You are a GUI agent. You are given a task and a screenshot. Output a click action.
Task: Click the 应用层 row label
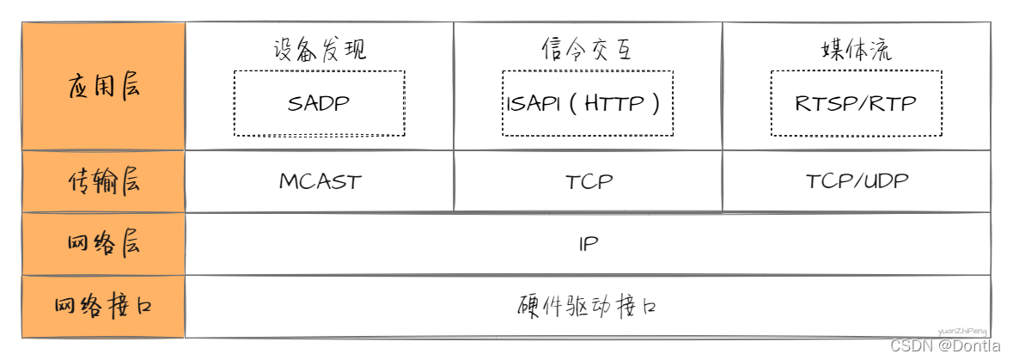(103, 87)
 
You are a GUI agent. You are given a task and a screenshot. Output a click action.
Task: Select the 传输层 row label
(103, 181)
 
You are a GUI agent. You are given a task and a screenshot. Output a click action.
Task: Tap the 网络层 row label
(103, 244)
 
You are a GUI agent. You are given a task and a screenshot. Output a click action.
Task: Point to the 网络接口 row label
(103, 306)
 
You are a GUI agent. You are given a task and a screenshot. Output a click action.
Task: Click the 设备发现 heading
(320, 49)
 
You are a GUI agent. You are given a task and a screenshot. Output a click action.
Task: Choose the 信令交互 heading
(588, 49)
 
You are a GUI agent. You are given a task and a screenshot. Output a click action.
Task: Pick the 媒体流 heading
(857, 49)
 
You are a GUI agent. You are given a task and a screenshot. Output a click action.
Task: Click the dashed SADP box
(320, 104)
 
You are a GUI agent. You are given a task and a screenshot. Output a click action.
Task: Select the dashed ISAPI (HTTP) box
(588, 104)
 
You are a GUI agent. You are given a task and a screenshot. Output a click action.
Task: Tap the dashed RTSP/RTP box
(856, 104)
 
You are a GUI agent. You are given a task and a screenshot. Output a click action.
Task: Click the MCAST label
(320, 182)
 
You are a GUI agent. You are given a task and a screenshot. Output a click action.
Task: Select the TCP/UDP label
(857, 181)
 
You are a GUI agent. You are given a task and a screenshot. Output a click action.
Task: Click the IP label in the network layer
(588, 244)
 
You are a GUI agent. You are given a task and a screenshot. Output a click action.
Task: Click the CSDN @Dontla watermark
(945, 345)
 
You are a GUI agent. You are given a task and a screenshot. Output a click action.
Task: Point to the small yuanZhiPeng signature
(962, 329)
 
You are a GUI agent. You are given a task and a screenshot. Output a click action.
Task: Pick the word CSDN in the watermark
(912, 345)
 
